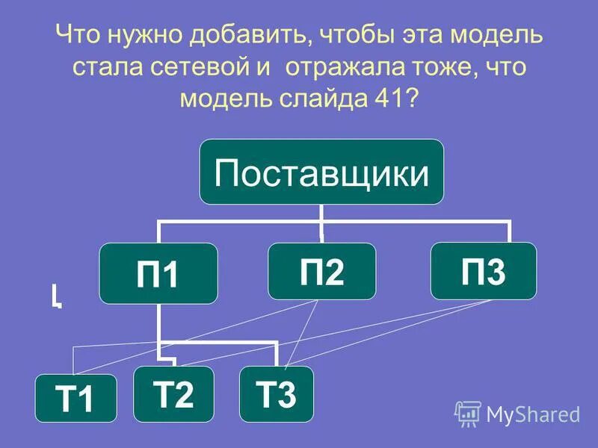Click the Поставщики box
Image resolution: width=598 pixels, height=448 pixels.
321,172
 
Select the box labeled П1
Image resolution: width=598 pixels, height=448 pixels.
158,273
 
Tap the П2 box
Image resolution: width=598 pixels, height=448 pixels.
321,270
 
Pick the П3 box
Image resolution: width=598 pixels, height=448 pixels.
484,270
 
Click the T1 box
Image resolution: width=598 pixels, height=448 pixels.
76,398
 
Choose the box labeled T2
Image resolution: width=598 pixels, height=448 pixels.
173,393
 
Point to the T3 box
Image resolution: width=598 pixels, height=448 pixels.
276,393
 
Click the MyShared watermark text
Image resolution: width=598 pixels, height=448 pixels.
533,414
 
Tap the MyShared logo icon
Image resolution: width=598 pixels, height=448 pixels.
467,413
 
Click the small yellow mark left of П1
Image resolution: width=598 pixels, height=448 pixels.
56,296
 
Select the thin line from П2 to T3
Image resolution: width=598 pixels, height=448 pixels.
303,333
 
